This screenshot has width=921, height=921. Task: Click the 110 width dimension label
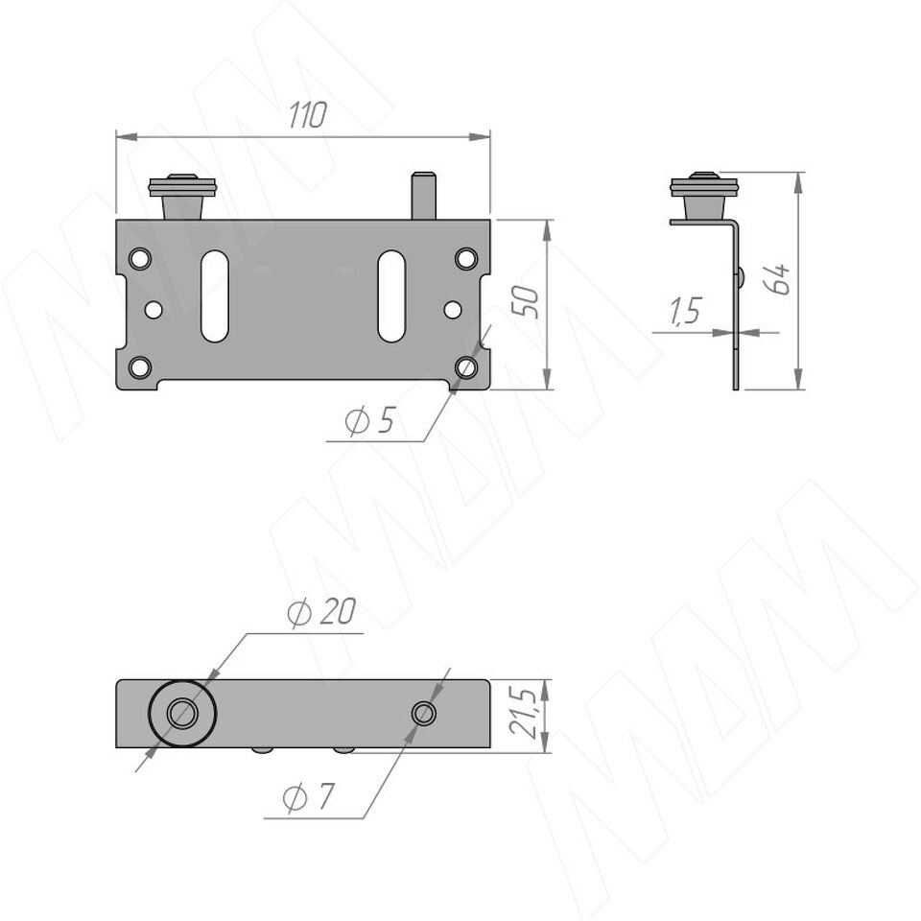pyautogui.click(x=307, y=115)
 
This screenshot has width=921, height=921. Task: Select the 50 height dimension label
pyautogui.click(x=525, y=302)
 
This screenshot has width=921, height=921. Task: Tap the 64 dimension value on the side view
pyautogui.click(x=776, y=279)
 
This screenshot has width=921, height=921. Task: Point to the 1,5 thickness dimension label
pyautogui.click(x=685, y=311)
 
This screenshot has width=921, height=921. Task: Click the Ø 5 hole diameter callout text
pyautogui.click(x=370, y=420)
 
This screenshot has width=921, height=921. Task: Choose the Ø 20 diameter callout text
pyautogui.click(x=321, y=612)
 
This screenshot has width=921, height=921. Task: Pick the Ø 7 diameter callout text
pyautogui.click(x=308, y=797)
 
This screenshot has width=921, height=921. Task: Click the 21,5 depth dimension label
pyautogui.click(x=522, y=713)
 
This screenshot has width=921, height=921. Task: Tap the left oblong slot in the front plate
pyautogui.click(x=214, y=296)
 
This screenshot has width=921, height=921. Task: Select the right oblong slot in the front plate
pyautogui.click(x=391, y=296)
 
